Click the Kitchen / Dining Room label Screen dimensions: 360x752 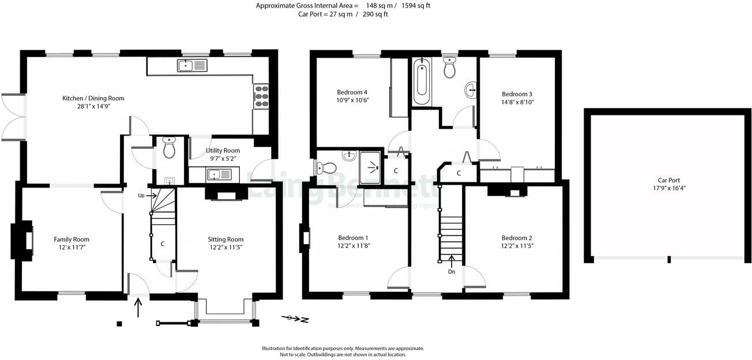[x=93, y=98]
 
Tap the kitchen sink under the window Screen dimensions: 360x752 [x=192, y=66]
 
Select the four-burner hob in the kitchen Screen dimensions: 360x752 [x=261, y=96]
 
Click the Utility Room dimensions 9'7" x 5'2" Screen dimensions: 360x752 [x=223, y=158]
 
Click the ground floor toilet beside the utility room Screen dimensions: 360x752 [x=169, y=148]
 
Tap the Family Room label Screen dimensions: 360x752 [x=72, y=239]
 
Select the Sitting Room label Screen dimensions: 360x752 [x=225, y=239]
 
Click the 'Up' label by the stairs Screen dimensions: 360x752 [x=141, y=196]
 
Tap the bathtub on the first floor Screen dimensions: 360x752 [x=420, y=80]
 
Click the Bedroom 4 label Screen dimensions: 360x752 [x=352, y=92]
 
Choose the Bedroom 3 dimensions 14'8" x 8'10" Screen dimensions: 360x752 [x=517, y=102]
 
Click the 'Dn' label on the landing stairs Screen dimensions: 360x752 [x=451, y=271]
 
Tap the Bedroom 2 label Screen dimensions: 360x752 [x=517, y=238]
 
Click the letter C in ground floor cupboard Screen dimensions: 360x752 [x=163, y=244]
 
